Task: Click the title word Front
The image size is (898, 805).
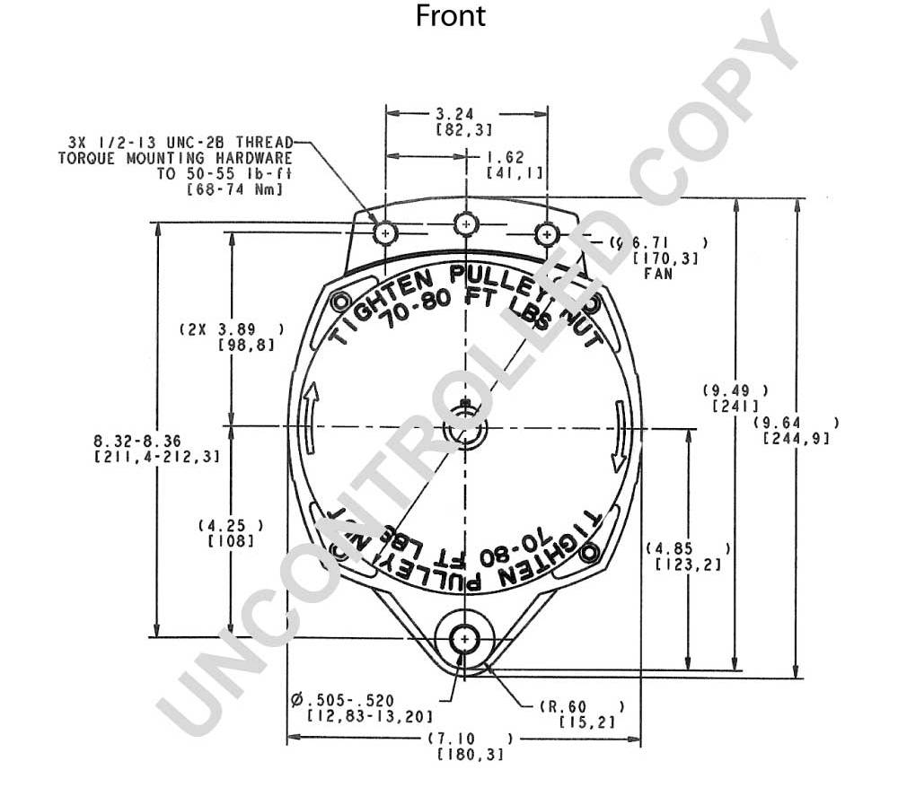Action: tap(451, 15)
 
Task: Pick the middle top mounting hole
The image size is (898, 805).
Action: tap(465, 223)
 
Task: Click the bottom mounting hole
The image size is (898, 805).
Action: tap(464, 637)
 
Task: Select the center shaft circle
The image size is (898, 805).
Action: tap(464, 429)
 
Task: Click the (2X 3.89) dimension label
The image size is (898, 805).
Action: tap(232, 329)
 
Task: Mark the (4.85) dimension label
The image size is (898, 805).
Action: tap(688, 548)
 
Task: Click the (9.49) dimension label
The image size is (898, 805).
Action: tap(735, 390)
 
